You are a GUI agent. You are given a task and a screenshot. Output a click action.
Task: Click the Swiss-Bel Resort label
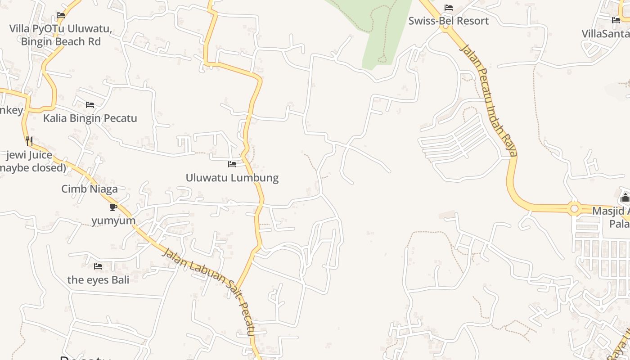click(448, 21)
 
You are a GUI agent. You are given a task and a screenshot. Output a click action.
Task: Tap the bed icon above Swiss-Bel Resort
click(448, 8)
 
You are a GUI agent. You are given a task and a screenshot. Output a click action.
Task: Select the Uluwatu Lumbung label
click(232, 178)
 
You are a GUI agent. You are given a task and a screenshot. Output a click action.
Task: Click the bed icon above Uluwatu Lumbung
click(232, 164)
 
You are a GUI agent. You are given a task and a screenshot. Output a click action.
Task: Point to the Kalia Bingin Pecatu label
click(90, 118)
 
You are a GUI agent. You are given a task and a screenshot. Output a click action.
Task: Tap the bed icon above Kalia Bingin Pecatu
click(90, 105)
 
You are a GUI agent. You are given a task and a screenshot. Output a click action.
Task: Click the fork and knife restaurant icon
click(29, 141)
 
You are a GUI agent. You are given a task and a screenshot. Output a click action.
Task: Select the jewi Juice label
click(29, 155)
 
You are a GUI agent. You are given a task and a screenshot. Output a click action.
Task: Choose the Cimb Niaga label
click(90, 189)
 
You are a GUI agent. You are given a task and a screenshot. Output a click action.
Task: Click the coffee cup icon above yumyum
click(113, 207)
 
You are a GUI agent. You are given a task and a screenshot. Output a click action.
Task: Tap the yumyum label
click(113, 221)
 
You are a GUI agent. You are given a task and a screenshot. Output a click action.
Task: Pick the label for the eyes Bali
click(98, 280)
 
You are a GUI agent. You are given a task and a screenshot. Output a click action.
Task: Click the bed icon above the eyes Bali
click(98, 266)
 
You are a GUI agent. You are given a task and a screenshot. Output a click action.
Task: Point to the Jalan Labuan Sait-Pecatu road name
click(210, 292)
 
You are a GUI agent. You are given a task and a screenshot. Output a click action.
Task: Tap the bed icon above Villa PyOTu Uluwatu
click(61, 15)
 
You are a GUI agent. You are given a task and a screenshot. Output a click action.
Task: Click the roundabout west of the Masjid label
click(574, 208)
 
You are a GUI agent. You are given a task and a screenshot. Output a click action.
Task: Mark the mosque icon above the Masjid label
click(625, 198)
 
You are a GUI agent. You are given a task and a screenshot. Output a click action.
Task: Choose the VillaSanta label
click(605, 34)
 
